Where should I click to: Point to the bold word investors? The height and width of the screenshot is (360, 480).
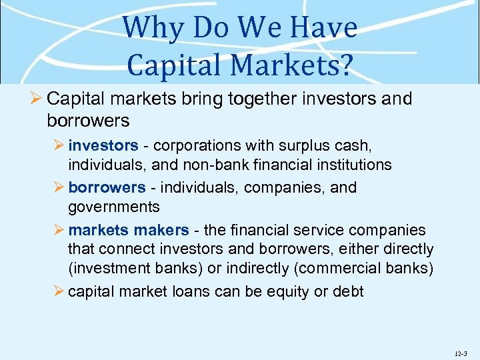point(103,145)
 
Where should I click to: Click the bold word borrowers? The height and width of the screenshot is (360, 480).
point(107,188)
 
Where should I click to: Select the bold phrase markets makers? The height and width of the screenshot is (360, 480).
point(129,231)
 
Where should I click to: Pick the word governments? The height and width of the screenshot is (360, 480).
point(113,207)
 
